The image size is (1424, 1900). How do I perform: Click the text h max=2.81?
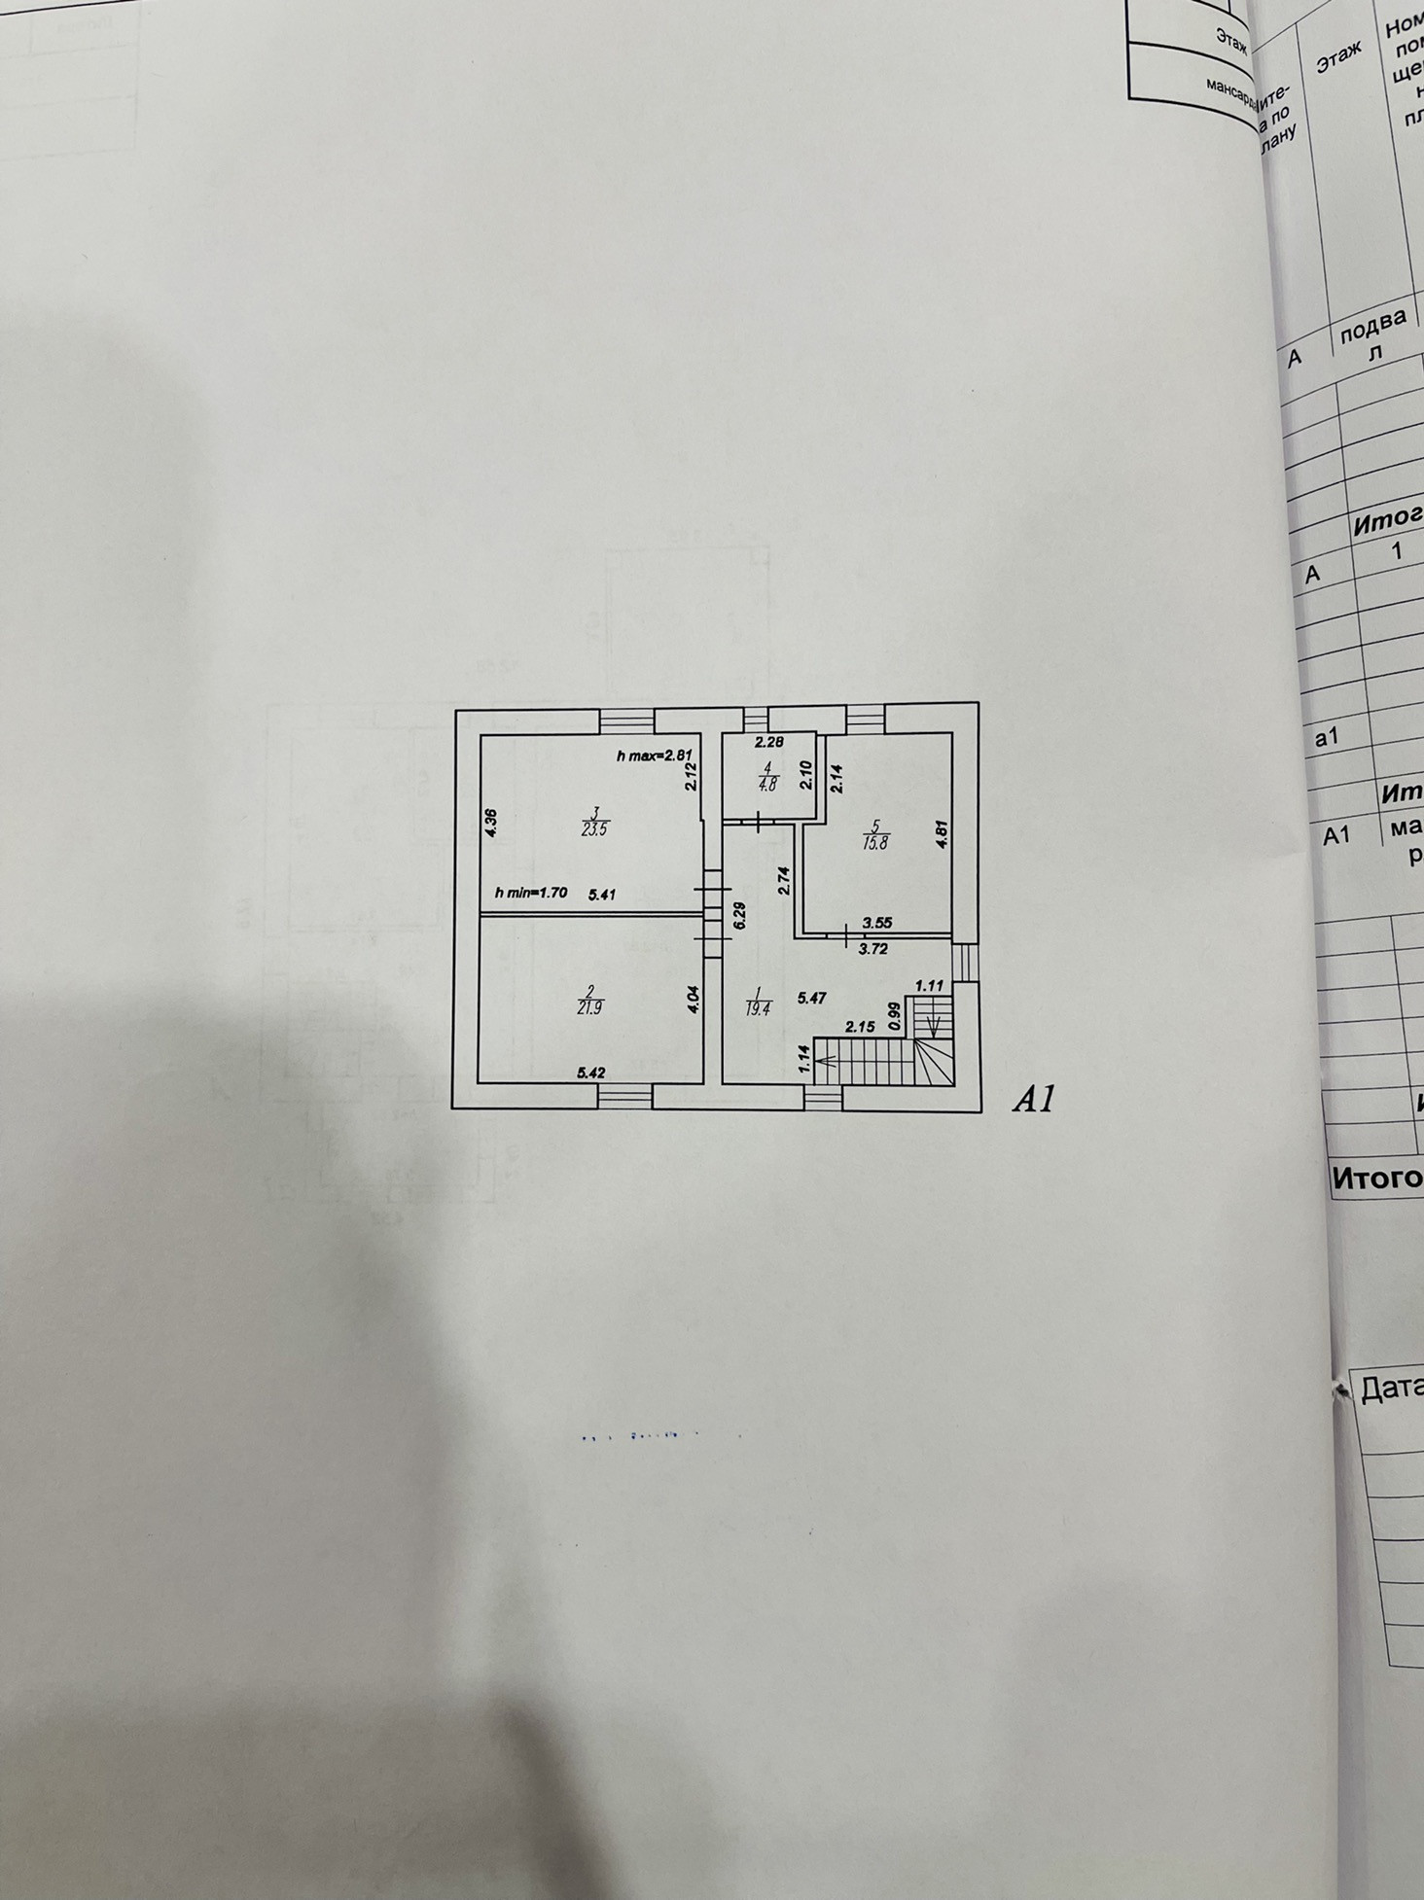click(x=653, y=756)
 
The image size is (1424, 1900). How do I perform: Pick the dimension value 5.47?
click(x=811, y=997)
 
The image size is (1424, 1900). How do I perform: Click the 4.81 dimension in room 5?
click(x=941, y=836)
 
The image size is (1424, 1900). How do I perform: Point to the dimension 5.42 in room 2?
click(x=591, y=1073)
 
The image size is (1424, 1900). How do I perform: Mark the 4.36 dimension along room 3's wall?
click(x=491, y=824)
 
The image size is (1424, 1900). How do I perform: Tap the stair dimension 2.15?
click(x=860, y=1026)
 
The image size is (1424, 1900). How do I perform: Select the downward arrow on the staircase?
click(x=934, y=1026)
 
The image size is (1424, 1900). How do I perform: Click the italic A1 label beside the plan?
click(x=1033, y=1100)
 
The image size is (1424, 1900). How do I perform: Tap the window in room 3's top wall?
click(x=626, y=721)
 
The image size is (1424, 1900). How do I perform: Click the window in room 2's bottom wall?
click(x=624, y=1097)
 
